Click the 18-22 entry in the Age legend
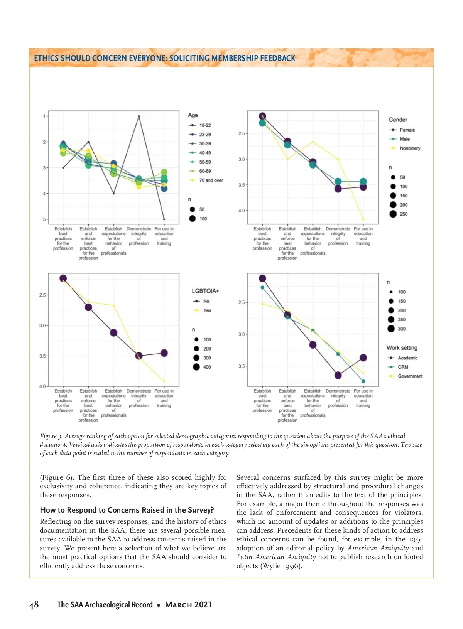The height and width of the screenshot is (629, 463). [x=205, y=125]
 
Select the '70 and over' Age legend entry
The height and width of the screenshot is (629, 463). [x=211, y=180]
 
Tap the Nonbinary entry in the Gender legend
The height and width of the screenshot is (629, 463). [x=410, y=148]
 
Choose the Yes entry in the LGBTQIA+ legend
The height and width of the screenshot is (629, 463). [x=207, y=310]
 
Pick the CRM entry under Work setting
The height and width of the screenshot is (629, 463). [x=403, y=367]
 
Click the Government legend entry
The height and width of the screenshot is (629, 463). [x=410, y=376]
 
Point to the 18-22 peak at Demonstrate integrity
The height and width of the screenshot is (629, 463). [x=139, y=116]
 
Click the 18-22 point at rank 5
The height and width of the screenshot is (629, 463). [x=164, y=219]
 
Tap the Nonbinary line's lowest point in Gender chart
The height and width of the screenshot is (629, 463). [x=363, y=219]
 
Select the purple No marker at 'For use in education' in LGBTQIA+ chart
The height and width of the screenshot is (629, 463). [x=164, y=353]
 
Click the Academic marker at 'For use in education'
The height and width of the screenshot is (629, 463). [x=363, y=358]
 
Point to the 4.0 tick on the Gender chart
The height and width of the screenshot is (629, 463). [x=242, y=211]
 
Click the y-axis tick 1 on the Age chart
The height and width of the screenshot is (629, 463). [x=44, y=116]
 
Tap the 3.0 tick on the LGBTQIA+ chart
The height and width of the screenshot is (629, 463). [x=42, y=325]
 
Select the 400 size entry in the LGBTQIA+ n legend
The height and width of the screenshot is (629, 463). [x=207, y=367]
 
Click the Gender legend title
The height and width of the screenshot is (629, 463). [x=398, y=120]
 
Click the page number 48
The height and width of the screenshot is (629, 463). [x=34, y=604]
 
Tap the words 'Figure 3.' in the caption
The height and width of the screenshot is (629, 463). [x=51, y=436]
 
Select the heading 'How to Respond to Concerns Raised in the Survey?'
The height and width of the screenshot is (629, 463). [x=127, y=510]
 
